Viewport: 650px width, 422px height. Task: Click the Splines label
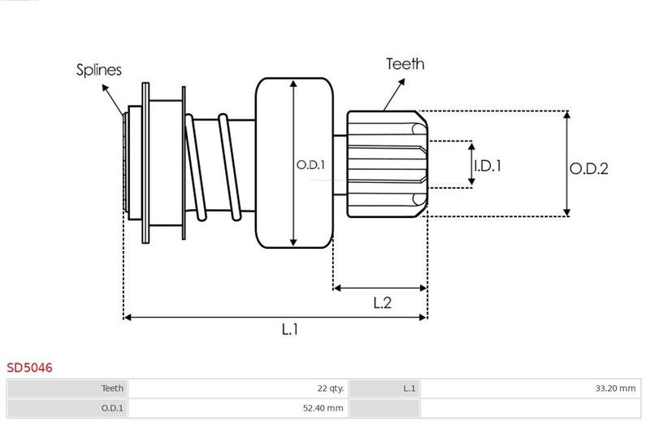click(x=99, y=70)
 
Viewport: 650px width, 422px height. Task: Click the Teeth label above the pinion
click(x=405, y=64)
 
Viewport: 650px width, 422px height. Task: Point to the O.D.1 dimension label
click(x=310, y=164)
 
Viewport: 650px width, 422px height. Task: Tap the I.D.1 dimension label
click(x=487, y=166)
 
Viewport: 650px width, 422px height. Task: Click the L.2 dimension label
click(x=383, y=303)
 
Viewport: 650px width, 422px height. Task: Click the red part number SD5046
click(x=30, y=368)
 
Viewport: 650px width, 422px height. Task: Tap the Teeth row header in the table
click(x=112, y=389)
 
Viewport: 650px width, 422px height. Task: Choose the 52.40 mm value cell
click(x=324, y=408)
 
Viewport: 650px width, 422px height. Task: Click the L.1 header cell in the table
click(x=409, y=389)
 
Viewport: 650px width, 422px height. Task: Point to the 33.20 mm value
click(x=615, y=389)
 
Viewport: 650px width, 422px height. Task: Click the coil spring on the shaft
click(x=215, y=167)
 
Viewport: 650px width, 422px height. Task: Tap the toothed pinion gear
click(x=386, y=165)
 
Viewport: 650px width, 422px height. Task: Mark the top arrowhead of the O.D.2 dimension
click(x=566, y=114)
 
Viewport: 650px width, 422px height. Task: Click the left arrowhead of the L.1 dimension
click(x=127, y=317)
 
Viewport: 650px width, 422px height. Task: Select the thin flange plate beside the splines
click(x=145, y=163)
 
